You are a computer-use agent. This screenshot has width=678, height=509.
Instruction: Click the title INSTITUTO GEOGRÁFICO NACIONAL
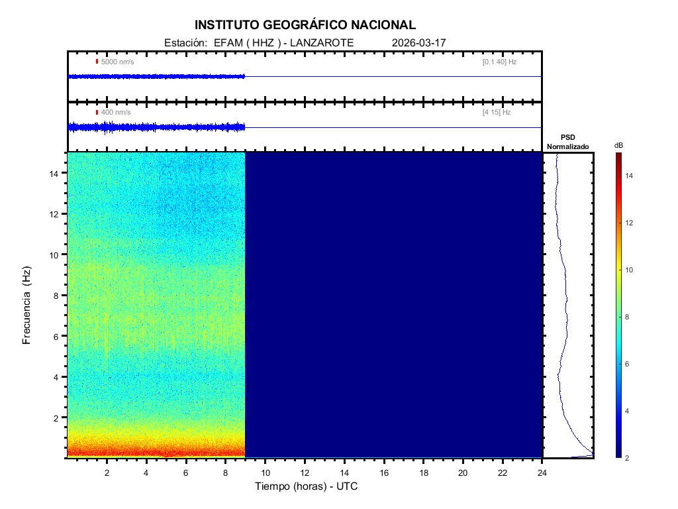point(305,25)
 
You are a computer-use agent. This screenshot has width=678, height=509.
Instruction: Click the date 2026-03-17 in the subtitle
point(419,42)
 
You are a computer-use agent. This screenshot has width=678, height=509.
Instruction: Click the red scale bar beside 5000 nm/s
point(97,62)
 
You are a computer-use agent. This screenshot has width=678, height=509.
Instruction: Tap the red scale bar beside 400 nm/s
point(97,113)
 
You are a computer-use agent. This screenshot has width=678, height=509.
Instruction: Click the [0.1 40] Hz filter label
point(499,62)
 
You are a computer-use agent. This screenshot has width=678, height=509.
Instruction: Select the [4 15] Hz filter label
point(497,113)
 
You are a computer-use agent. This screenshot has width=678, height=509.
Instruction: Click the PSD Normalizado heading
point(567,142)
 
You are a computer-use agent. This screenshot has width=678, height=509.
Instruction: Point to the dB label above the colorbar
point(618,145)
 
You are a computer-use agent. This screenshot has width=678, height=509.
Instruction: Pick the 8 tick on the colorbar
point(630,317)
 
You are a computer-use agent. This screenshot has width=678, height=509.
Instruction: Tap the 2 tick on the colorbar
point(630,458)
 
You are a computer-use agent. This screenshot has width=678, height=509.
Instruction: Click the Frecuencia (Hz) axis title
point(27,306)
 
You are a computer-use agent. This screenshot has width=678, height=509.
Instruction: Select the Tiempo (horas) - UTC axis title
point(307,486)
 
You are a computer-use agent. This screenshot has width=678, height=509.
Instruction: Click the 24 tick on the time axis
point(542,472)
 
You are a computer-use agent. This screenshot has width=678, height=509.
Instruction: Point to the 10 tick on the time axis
point(265,472)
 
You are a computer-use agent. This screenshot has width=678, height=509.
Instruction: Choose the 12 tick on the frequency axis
point(56,214)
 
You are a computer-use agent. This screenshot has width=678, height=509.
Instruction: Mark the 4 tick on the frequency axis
point(58,377)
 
